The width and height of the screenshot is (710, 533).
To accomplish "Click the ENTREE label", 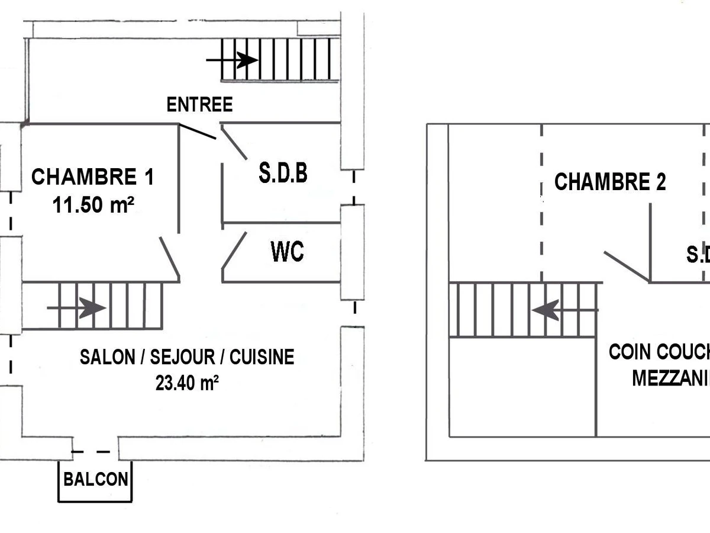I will tap(199, 105).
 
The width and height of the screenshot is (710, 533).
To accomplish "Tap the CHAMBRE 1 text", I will tap(92, 177).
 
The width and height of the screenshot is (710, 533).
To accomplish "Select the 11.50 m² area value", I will tap(92, 206).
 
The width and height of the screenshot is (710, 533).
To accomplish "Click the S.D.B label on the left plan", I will tap(283, 173).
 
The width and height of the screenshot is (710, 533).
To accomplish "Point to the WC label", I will tap(287, 252).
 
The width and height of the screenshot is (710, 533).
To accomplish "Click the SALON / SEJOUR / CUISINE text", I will tap(187, 357).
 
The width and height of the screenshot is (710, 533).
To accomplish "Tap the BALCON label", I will tap(95, 479).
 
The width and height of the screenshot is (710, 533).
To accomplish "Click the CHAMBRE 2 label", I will tap(609, 182).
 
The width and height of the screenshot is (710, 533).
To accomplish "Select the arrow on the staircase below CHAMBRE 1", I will tap(76, 308).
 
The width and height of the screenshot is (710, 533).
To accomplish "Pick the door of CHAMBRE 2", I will tap(626, 265).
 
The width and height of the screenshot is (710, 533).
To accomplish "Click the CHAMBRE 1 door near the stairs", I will tap(169, 258).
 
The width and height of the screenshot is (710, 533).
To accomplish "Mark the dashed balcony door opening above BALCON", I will tap(95, 452).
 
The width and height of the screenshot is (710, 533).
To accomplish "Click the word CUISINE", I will tap(262, 357).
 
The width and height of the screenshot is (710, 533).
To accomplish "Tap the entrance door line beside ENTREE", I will tap(197, 132).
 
